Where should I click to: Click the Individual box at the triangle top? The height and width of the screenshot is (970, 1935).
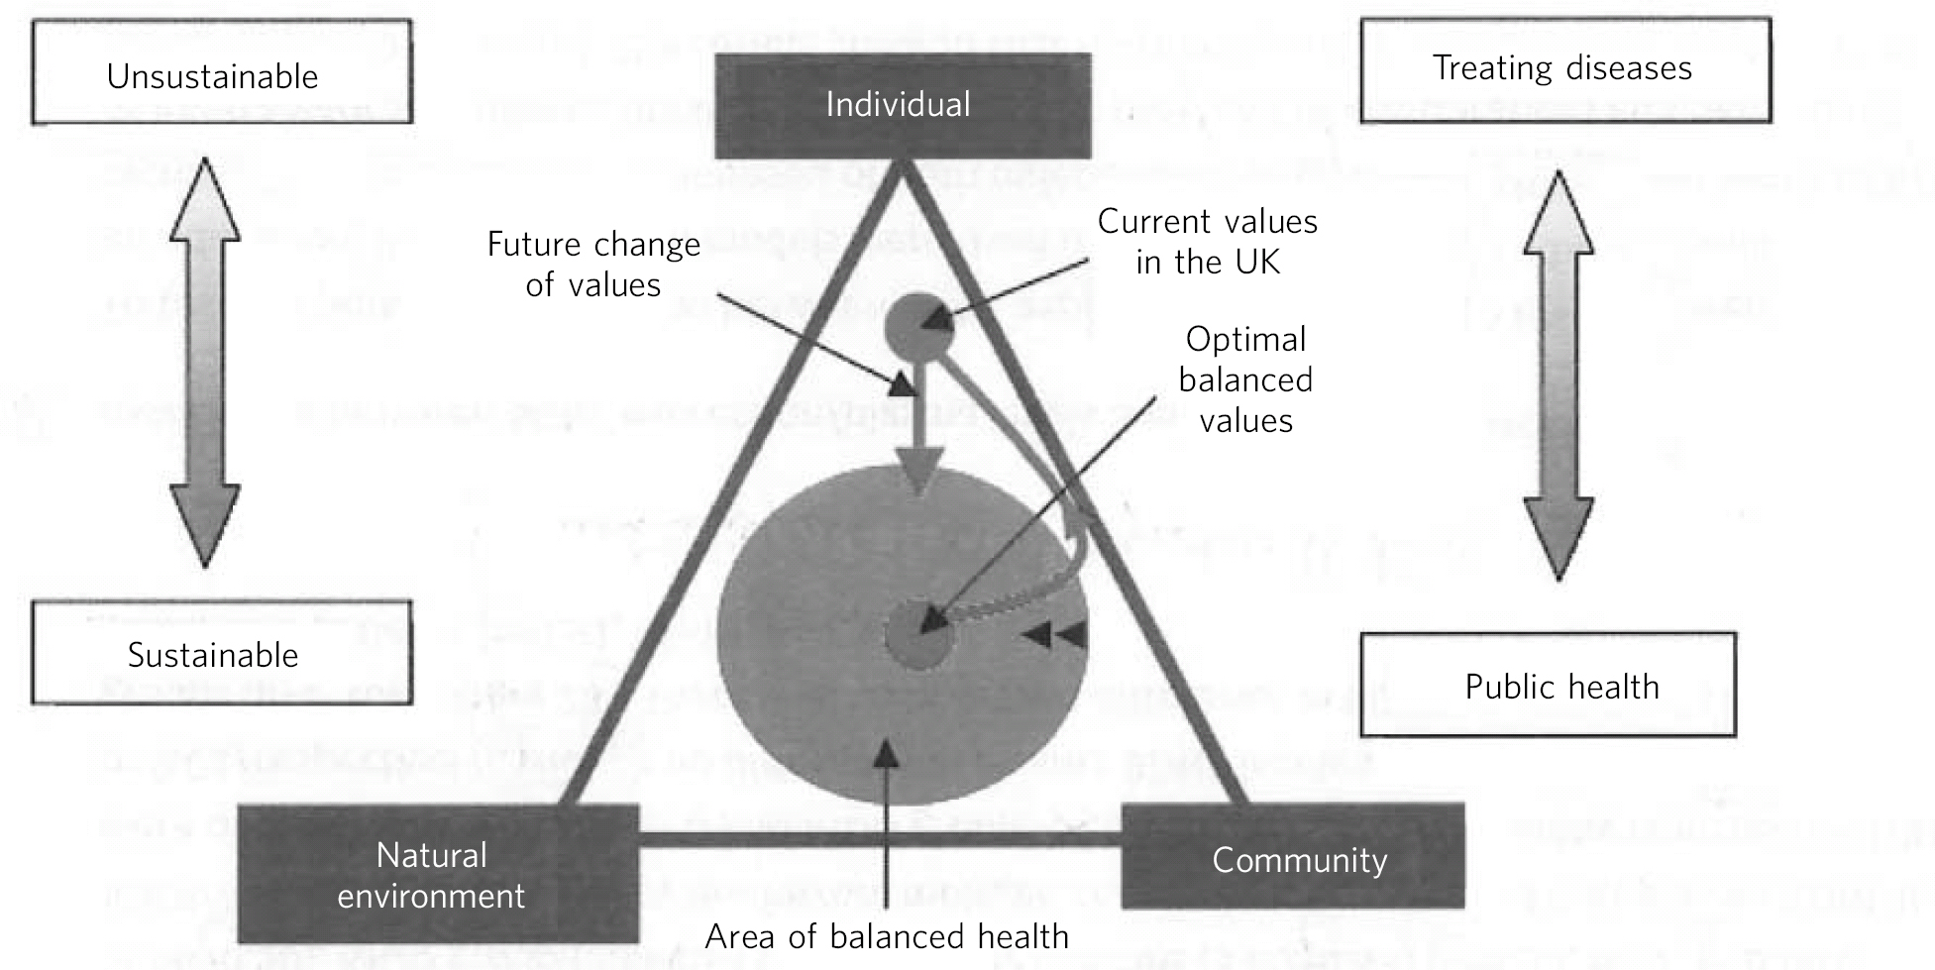(x=903, y=106)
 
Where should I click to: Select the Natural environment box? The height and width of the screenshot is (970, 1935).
(x=438, y=874)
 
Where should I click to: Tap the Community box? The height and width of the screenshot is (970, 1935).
(x=1293, y=857)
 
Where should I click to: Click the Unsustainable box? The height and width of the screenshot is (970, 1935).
(x=221, y=72)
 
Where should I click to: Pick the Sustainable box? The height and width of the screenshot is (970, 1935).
(x=221, y=653)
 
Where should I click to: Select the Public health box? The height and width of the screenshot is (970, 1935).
(x=1548, y=685)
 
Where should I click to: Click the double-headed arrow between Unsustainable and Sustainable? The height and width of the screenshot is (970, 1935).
(x=205, y=362)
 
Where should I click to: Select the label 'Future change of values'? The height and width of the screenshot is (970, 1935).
(x=593, y=265)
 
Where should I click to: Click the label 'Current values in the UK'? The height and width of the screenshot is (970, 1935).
(x=1207, y=241)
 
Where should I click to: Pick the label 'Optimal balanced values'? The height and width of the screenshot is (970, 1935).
(x=1245, y=379)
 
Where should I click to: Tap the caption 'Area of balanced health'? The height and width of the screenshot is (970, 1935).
(x=887, y=936)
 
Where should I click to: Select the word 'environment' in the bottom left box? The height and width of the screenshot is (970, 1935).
(x=431, y=896)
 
